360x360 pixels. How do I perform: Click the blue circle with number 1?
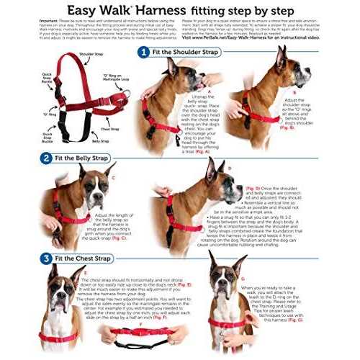click(145, 53)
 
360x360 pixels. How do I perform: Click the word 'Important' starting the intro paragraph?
click(49, 22)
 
